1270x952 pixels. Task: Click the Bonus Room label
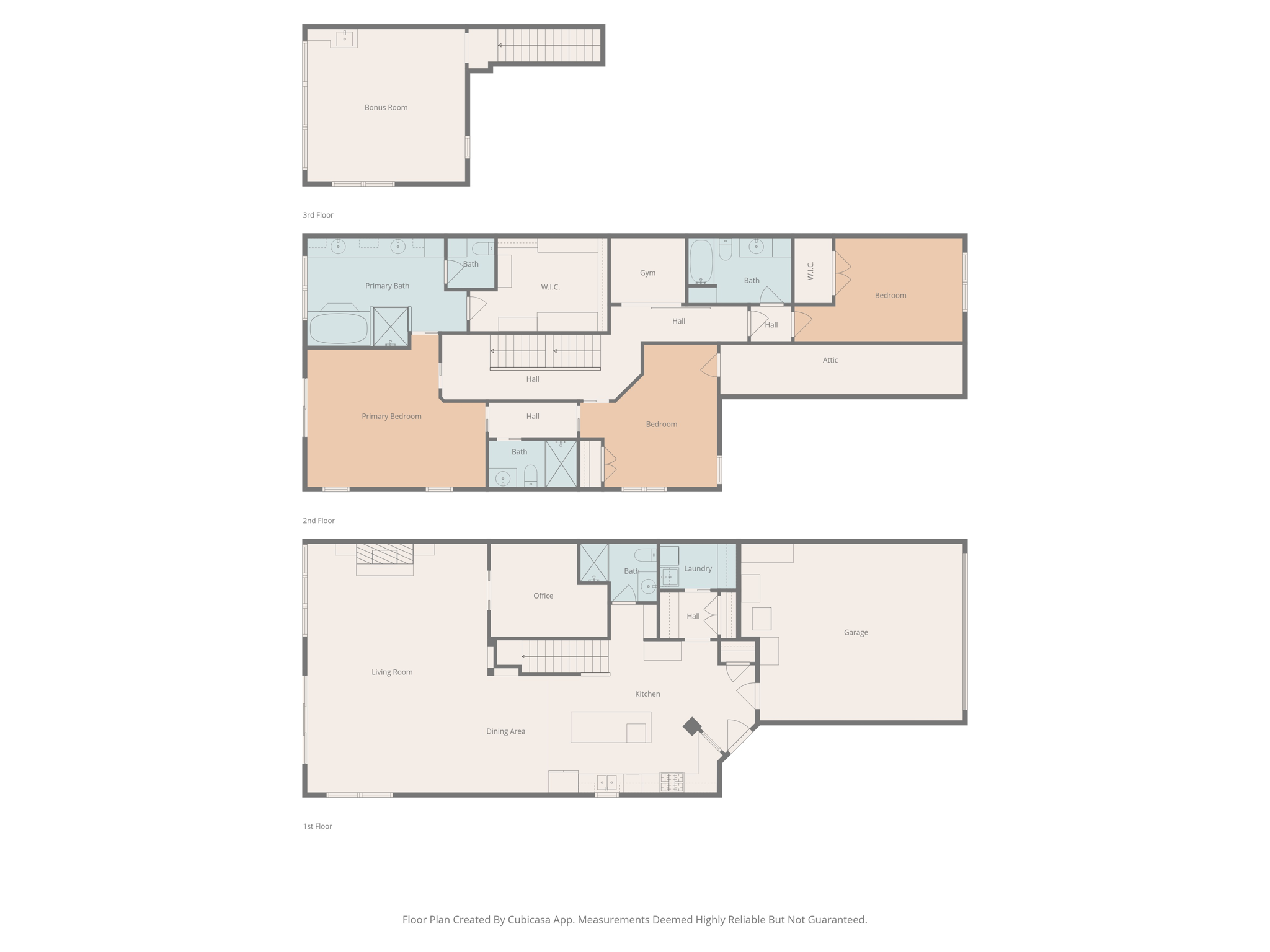click(x=386, y=108)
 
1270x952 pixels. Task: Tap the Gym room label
click(x=647, y=273)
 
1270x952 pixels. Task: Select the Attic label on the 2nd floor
click(x=830, y=360)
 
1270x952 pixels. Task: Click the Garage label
click(x=855, y=632)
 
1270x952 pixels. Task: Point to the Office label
click(x=543, y=596)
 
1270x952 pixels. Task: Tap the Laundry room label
click(x=698, y=568)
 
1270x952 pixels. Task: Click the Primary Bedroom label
click(x=391, y=416)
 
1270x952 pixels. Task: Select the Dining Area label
click(x=505, y=731)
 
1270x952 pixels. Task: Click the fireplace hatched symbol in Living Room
click(x=384, y=554)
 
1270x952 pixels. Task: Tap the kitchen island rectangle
click(x=610, y=726)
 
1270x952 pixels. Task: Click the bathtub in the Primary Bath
click(x=338, y=328)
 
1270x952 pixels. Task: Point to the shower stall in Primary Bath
click(x=391, y=326)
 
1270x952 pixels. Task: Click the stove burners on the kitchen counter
click(x=672, y=782)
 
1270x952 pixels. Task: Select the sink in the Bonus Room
click(x=344, y=38)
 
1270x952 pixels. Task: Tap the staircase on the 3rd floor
click(x=548, y=45)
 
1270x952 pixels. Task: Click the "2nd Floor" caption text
click(x=319, y=521)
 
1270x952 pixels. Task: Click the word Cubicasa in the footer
click(x=531, y=920)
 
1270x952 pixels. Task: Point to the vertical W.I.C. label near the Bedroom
click(x=810, y=271)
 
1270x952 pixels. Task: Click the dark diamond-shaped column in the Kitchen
click(x=692, y=726)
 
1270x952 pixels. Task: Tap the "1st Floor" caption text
click(x=317, y=826)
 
